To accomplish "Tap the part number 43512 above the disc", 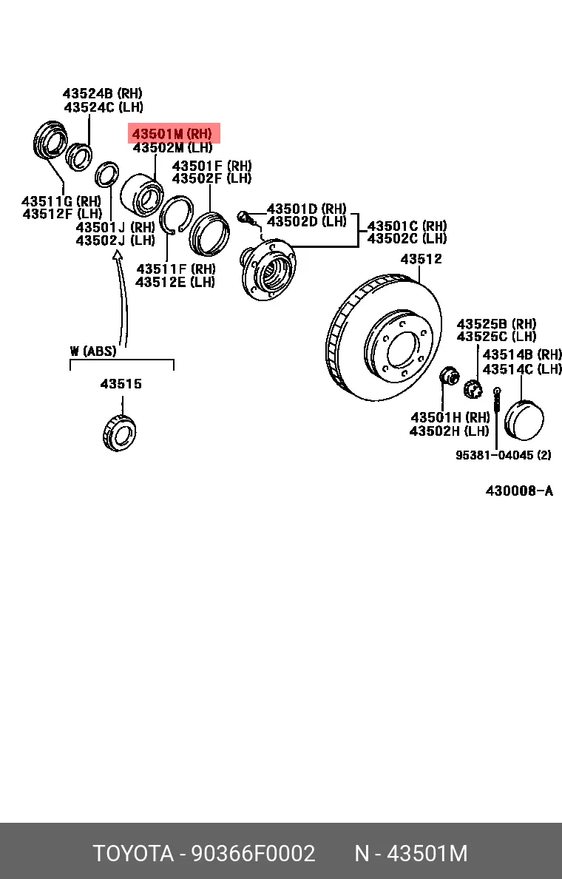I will tap(421, 259).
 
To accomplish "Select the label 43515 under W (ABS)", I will tap(121, 384).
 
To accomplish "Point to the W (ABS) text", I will tap(93, 351).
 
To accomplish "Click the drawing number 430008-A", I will tap(519, 491).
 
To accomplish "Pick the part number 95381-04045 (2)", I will tap(503, 455).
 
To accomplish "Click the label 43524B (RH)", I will tap(103, 94).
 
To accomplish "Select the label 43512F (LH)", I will tap(62, 214).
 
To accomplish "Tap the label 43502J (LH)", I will tap(115, 240).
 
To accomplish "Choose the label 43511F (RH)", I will tap(175, 269).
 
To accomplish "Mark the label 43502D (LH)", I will tap(306, 221).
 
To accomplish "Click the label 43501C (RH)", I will tap(407, 226).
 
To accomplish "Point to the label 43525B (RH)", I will tap(496, 324).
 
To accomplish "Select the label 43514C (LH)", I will tap(522, 368).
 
